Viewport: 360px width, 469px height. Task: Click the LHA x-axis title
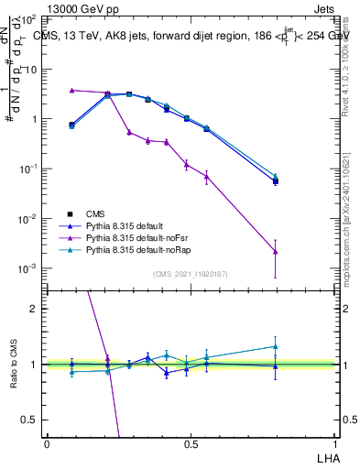click(326, 457)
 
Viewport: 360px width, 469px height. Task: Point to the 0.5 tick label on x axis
click(191, 443)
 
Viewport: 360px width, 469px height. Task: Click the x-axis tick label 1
click(333, 443)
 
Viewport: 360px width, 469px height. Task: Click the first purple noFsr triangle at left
click(71, 90)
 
